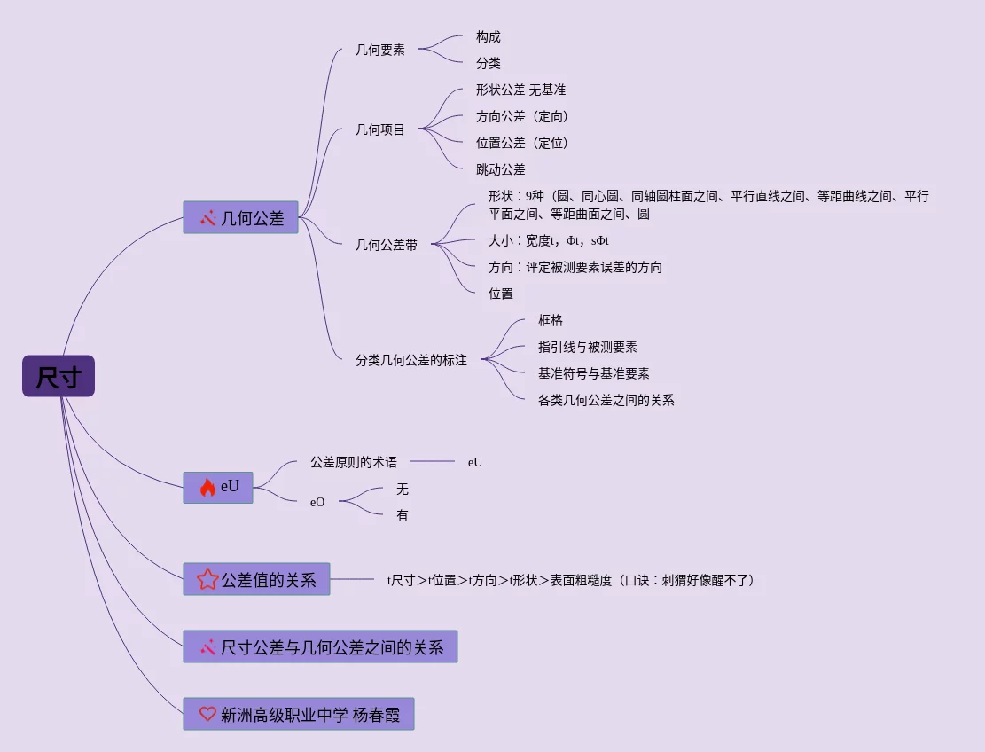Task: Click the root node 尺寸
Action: (59, 376)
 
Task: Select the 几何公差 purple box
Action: (241, 217)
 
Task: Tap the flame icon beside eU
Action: (207, 487)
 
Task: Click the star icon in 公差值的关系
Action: (207, 580)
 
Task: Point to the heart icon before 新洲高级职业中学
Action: (207, 713)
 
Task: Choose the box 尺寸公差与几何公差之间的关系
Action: (320, 646)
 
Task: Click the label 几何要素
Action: (380, 50)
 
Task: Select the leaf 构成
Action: (489, 36)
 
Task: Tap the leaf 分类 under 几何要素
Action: (489, 63)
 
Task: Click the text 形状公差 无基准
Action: (520, 90)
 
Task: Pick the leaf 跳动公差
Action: (501, 169)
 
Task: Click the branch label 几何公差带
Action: (387, 245)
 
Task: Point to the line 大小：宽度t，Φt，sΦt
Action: (549, 240)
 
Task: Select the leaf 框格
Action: (551, 320)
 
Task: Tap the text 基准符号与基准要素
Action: (594, 373)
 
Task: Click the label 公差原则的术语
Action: (354, 461)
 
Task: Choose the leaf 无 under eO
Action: (403, 489)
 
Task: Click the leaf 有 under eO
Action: (403, 515)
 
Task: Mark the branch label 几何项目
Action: (380, 129)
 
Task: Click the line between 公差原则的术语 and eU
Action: (433, 461)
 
